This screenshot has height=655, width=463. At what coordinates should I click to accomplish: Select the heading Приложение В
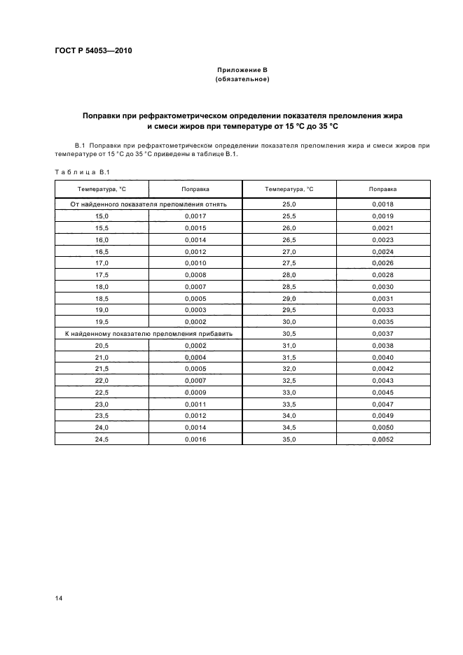point(242,71)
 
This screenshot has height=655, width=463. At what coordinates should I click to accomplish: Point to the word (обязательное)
point(242,79)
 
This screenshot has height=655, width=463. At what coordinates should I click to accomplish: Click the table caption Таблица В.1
point(73,172)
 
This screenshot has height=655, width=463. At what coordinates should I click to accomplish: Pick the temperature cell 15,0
point(102,216)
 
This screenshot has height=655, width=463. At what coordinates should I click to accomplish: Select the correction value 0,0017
point(195,216)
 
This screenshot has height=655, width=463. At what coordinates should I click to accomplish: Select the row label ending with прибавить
point(148,334)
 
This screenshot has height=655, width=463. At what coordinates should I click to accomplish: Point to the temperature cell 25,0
point(289,204)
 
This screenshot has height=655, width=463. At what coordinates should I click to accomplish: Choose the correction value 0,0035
point(383,322)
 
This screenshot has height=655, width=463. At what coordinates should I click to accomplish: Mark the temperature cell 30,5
point(289,334)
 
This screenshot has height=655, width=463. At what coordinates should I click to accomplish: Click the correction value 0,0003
point(195,310)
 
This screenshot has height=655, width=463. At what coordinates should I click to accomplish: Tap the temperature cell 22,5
point(102,392)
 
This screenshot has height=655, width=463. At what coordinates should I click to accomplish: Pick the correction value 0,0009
point(195,392)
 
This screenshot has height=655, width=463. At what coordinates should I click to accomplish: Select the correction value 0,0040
point(383,357)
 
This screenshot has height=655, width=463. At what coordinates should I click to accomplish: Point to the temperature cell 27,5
point(289,263)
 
